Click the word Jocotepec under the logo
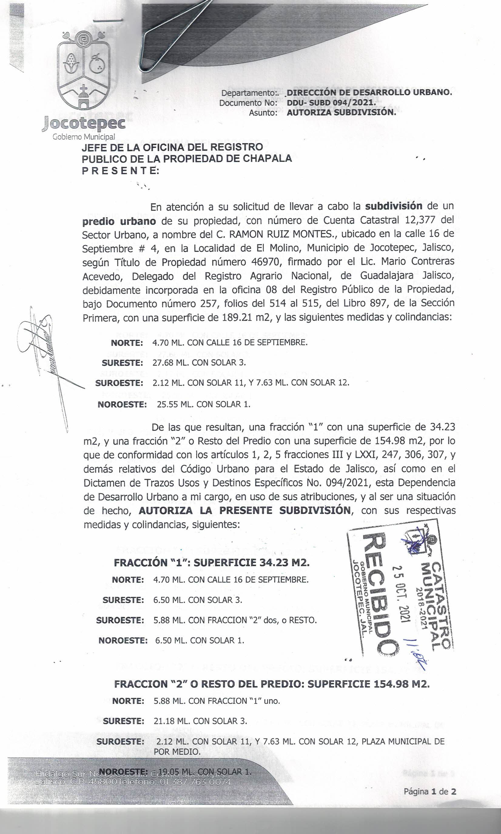click(x=83, y=123)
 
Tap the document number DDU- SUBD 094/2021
click(x=331, y=102)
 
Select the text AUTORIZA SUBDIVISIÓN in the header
click(x=341, y=112)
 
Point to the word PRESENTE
click(x=120, y=171)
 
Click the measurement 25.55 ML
click(x=173, y=404)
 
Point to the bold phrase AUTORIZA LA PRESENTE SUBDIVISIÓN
click(x=244, y=510)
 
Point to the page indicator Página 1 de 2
click(x=430, y=792)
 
